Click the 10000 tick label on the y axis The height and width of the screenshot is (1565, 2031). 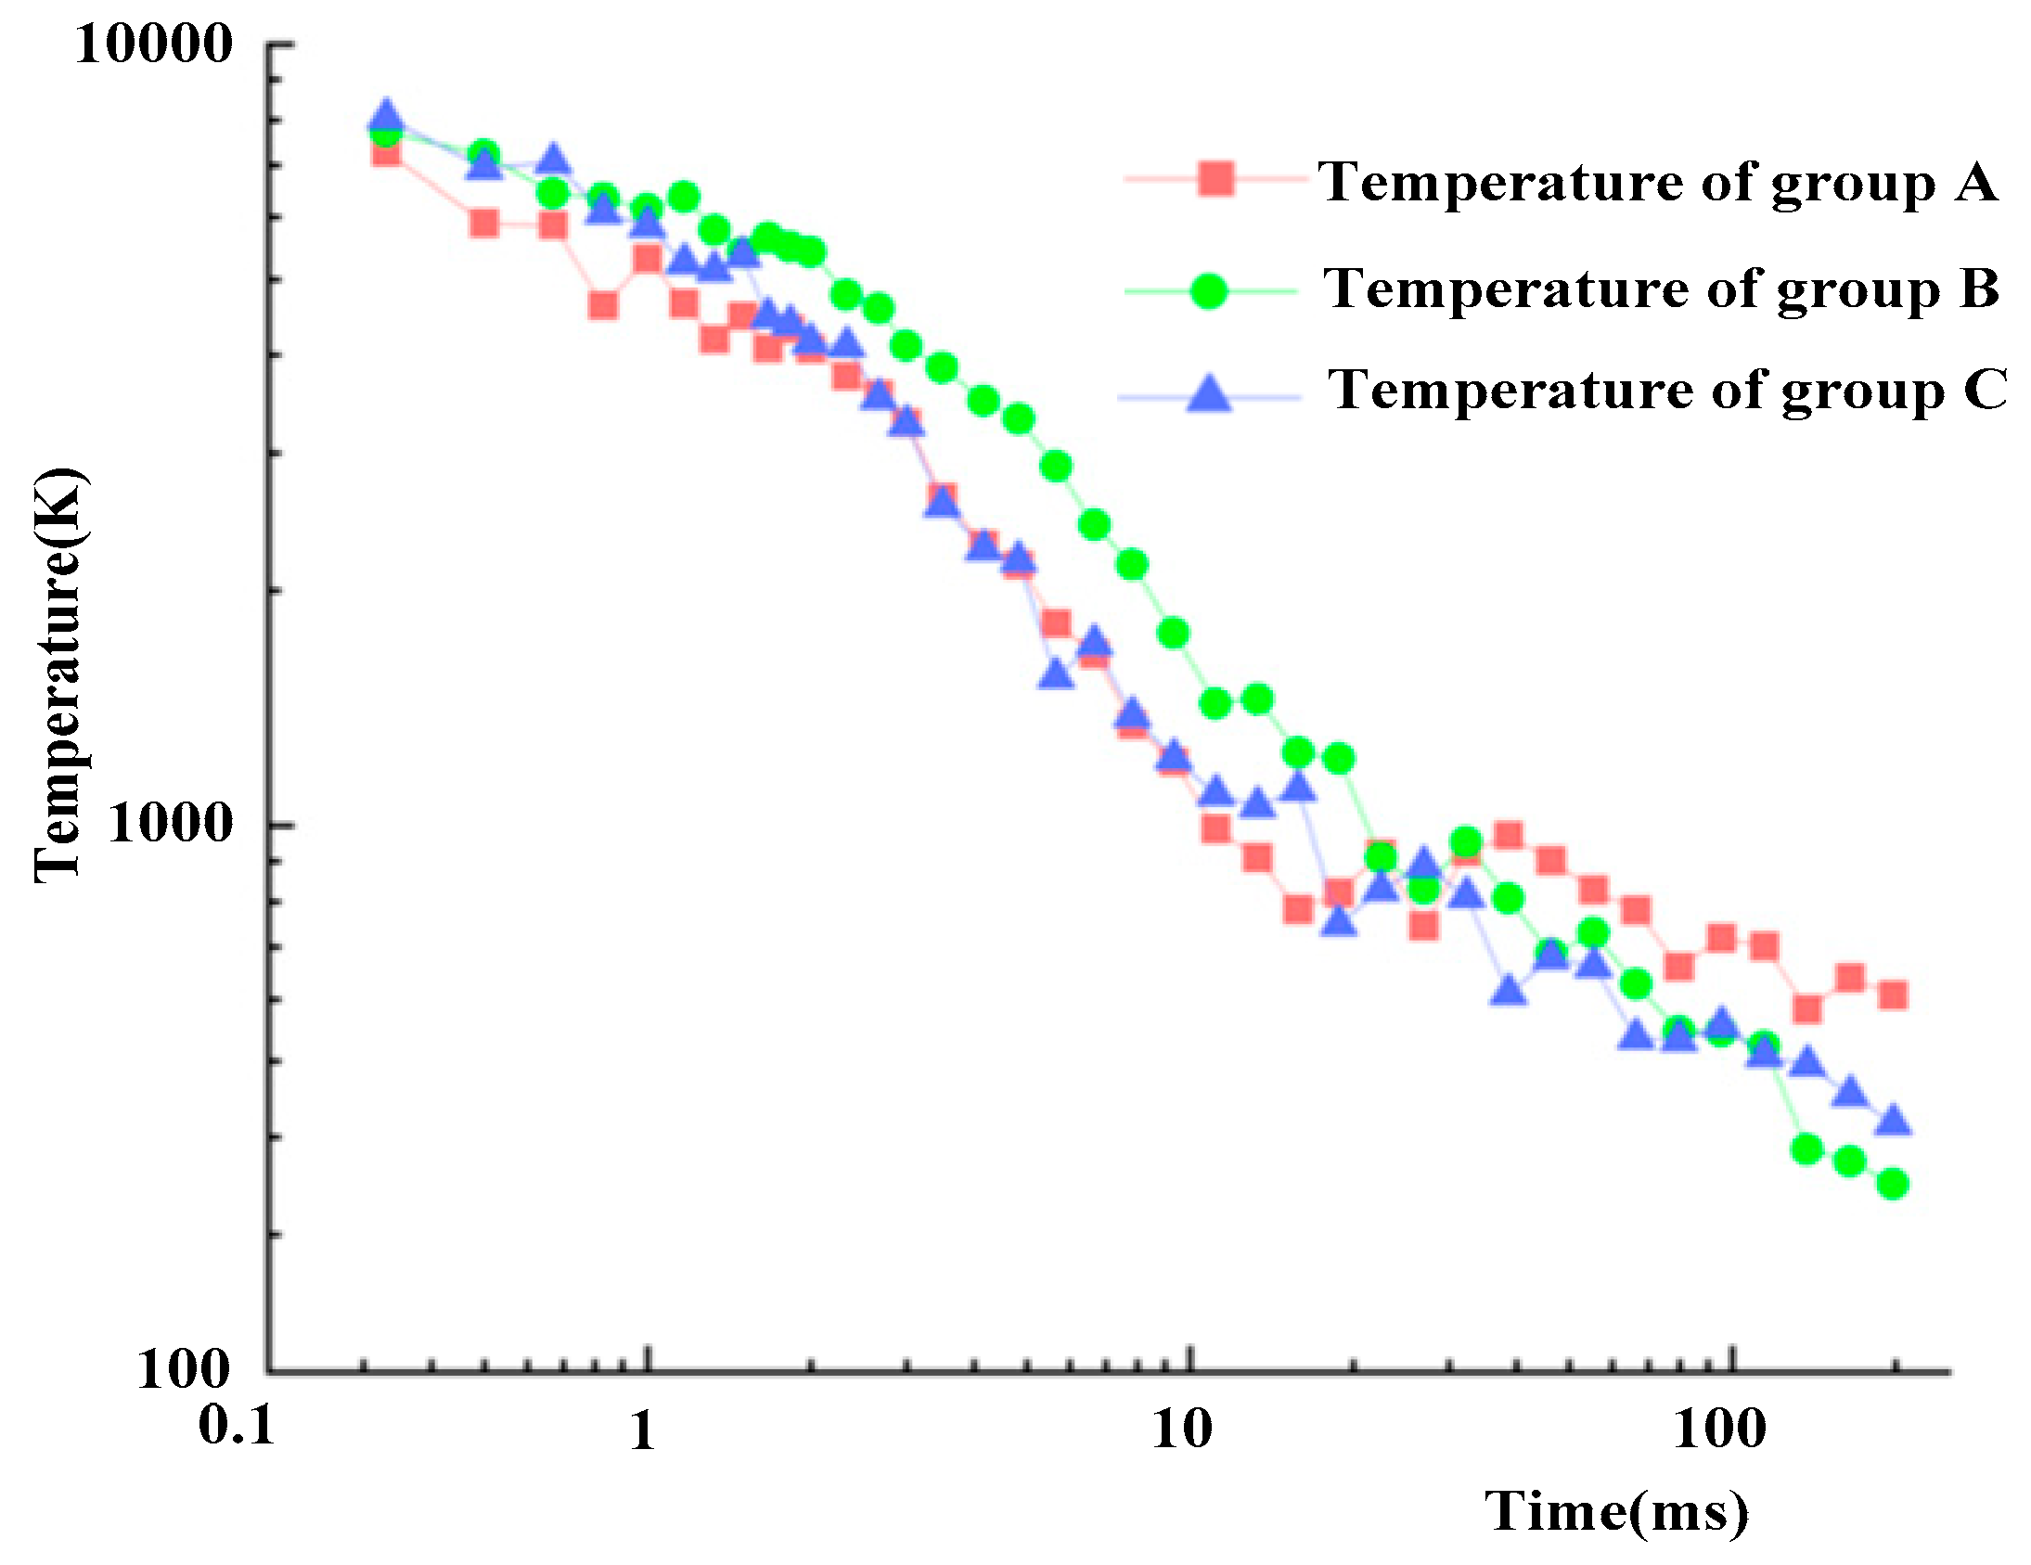coord(153,44)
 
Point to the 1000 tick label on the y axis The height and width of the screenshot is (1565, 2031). coord(169,823)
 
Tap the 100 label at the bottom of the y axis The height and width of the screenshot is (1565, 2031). coord(184,1368)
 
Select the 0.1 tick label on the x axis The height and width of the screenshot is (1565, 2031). coord(238,1425)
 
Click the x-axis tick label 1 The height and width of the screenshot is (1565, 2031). coord(643,1430)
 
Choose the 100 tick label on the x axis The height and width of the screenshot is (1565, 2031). coord(1719,1430)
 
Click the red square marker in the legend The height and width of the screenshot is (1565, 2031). coord(1216,177)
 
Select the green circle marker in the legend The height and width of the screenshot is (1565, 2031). coord(1209,291)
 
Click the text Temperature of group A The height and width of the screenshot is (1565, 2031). coord(1657,181)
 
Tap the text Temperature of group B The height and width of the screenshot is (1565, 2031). coord(1661,289)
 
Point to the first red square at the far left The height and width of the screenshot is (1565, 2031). coord(386,151)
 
